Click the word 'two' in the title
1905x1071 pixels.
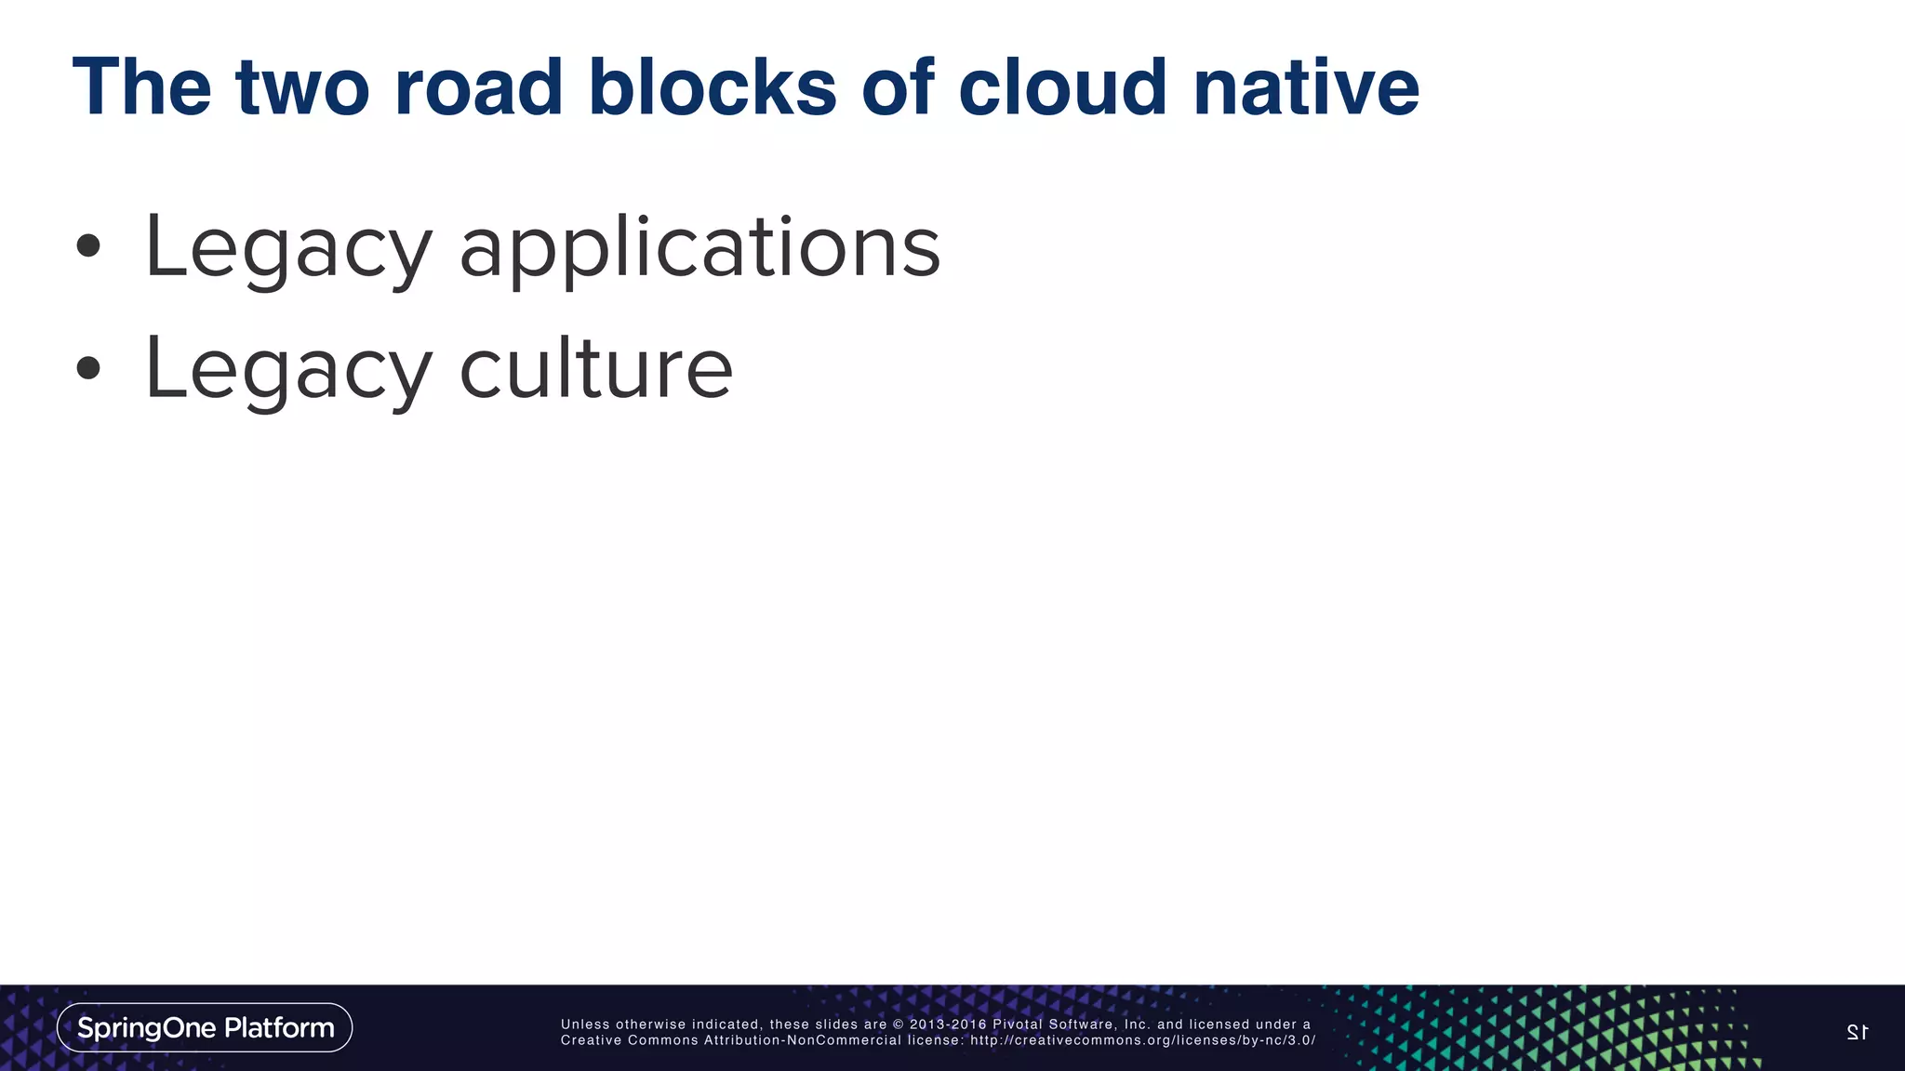(x=302, y=88)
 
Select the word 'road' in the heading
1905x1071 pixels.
(x=478, y=88)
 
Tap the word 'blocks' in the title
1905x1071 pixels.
(x=712, y=88)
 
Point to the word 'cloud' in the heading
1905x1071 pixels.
(x=1062, y=88)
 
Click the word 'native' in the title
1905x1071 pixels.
(x=1306, y=88)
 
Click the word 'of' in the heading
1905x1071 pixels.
(x=898, y=88)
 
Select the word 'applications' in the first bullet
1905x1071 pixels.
(x=699, y=249)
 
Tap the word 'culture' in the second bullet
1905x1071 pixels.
(x=596, y=369)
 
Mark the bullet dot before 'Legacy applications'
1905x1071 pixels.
(x=88, y=246)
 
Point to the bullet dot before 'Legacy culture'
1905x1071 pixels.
(x=88, y=368)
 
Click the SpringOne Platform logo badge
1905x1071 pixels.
(x=205, y=1027)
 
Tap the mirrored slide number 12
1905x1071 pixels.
(x=1857, y=1032)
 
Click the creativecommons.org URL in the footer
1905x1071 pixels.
(x=1142, y=1040)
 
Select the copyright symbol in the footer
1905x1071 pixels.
(x=898, y=1025)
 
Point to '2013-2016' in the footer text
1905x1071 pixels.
(x=948, y=1025)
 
